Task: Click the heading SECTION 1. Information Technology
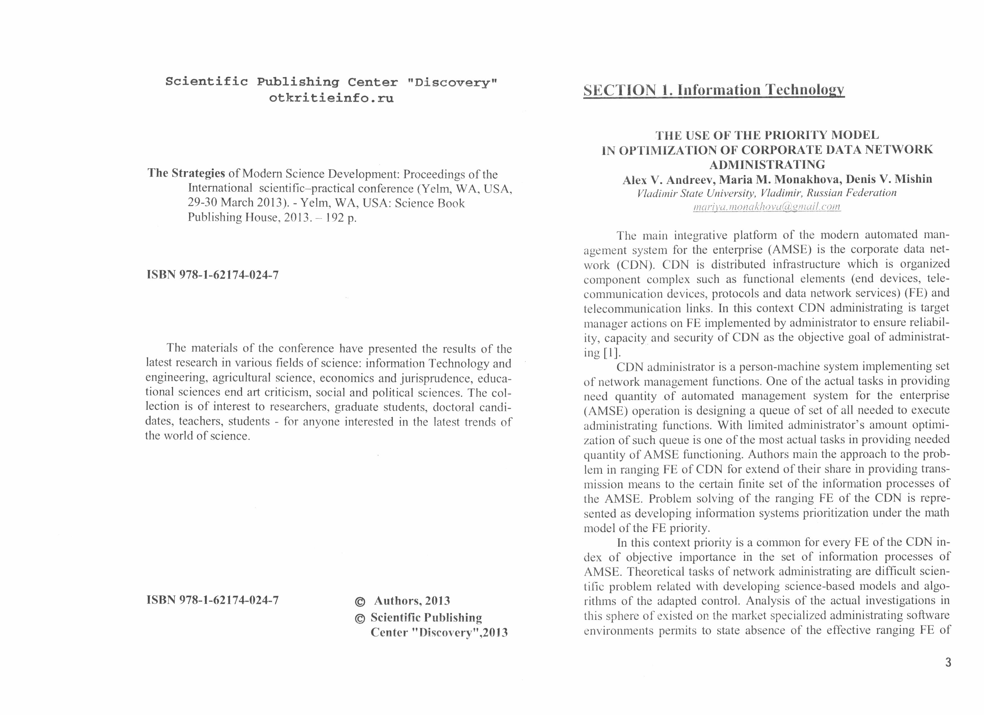[x=714, y=90]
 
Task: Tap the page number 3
[x=948, y=663]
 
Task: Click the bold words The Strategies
[x=186, y=174]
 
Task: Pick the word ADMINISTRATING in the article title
[x=767, y=165]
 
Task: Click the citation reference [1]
[x=612, y=352]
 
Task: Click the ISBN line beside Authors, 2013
[x=213, y=601]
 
